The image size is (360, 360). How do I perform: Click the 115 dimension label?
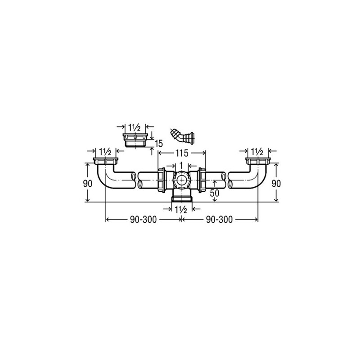point(182,153)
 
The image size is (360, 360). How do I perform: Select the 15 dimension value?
point(159,144)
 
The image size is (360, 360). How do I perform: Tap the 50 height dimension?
point(215,193)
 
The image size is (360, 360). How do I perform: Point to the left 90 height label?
point(88,184)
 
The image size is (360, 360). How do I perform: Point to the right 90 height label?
point(276,184)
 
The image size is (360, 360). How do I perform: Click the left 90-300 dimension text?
point(143,220)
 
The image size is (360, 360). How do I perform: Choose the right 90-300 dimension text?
point(219,220)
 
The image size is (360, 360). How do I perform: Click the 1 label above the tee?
point(181,165)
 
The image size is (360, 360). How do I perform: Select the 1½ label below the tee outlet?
point(181,210)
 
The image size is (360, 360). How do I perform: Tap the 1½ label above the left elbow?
point(106,152)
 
